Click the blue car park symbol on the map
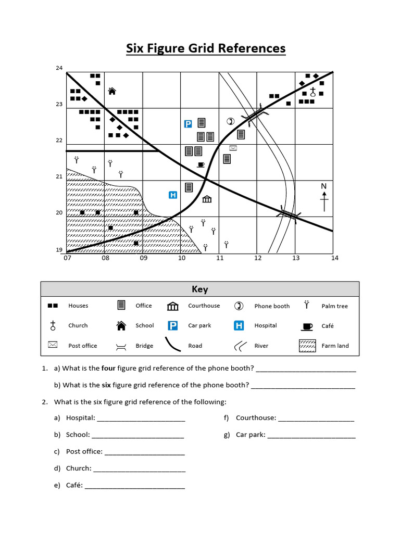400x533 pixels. point(189,124)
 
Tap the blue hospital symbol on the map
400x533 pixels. point(173,195)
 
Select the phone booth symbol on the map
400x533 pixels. point(231,122)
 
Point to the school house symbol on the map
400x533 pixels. point(111,91)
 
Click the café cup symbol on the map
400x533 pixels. point(201,165)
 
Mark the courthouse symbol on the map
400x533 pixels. point(207,199)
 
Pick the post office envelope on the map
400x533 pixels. point(233,148)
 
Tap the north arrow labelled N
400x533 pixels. point(324,197)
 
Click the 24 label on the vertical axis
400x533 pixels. point(59,68)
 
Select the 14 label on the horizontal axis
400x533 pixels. point(334,258)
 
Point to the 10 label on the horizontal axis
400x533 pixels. point(182,258)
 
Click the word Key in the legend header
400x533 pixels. point(199,290)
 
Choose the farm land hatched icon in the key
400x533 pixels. point(307,345)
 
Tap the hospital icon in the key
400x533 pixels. point(239,326)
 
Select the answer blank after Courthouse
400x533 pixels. point(316,418)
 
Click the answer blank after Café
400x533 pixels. point(135,486)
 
